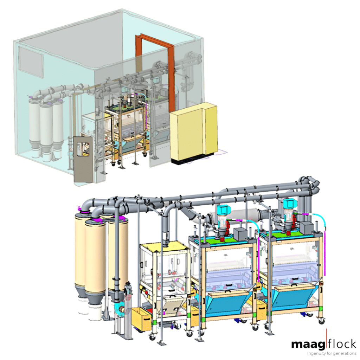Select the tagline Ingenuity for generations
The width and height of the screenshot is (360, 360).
click(332, 353)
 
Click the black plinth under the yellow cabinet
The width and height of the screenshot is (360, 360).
click(192, 160)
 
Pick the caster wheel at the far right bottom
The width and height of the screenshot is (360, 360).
click(321, 320)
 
